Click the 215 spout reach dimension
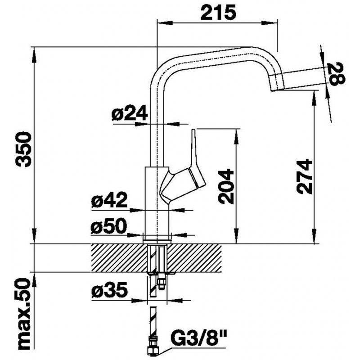click(218, 13)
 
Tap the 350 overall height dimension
click(23, 149)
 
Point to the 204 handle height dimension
click(226, 187)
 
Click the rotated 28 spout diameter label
click(337, 74)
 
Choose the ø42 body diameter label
click(109, 200)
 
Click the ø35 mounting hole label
click(109, 289)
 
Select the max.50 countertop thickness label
click(23, 315)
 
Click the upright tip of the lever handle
click(193, 130)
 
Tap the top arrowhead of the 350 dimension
click(34, 54)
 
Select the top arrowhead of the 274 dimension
click(315, 99)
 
